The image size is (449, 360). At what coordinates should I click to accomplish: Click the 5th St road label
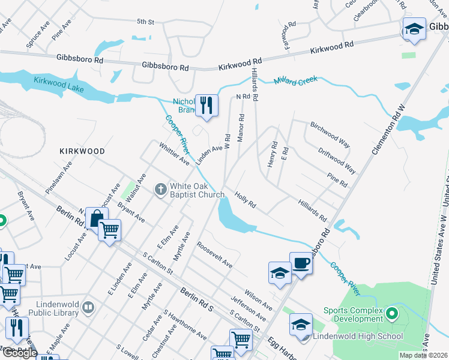pos(146,22)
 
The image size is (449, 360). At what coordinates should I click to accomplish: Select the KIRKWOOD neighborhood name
pos(82,151)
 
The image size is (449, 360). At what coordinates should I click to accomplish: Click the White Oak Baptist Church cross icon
pos(160,190)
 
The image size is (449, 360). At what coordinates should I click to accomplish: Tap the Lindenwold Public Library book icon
pos(88,308)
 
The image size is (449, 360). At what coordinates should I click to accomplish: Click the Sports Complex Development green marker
pos(392,313)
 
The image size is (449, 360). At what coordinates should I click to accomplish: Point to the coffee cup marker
pos(301,263)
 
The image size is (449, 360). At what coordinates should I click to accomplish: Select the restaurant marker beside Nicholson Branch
pos(206,106)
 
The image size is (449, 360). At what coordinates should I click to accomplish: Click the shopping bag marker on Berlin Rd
pos(96,219)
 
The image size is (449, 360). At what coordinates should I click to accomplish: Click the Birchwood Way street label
pos(330,134)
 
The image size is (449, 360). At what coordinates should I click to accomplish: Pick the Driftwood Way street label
pos(337,161)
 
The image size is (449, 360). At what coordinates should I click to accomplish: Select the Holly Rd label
pos(246,200)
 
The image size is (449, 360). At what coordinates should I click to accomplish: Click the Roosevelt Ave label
pos(214,254)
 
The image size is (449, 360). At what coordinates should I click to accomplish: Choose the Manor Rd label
pos(241,128)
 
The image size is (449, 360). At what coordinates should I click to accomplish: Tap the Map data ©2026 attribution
pos(423,355)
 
